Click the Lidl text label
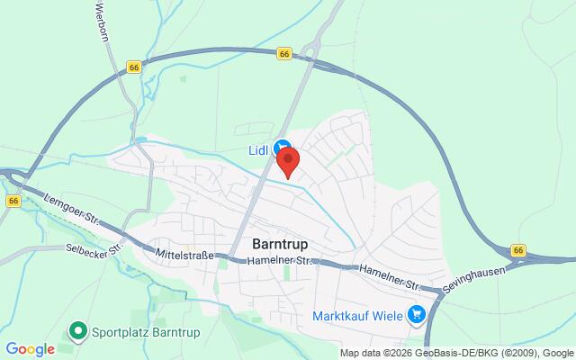click(x=260, y=148)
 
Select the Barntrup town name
click(x=283, y=244)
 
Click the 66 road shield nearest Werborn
click(x=134, y=67)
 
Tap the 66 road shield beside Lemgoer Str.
click(x=13, y=202)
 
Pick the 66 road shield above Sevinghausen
click(x=518, y=249)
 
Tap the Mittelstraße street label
click(x=184, y=255)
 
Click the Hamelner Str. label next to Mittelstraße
click(x=282, y=260)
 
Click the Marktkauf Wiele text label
click(x=355, y=315)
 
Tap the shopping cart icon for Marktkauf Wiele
click(x=416, y=314)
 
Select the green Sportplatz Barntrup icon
click(x=78, y=332)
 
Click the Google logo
click(x=30, y=349)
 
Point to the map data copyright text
click(x=457, y=353)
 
